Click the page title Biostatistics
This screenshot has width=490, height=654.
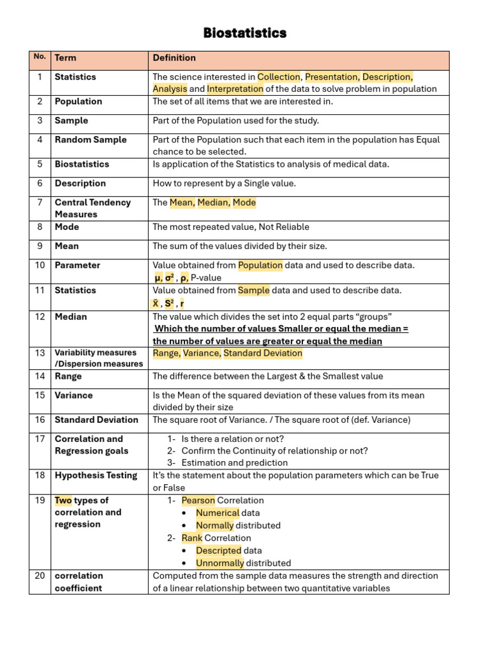coord(245,33)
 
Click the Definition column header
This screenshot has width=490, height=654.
coord(174,58)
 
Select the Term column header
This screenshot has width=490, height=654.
coord(65,58)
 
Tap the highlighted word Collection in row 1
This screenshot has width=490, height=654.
coord(278,77)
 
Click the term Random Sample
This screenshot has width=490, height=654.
coord(91,140)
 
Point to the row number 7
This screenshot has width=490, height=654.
coord(40,202)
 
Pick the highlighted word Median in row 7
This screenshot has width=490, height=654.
coord(213,202)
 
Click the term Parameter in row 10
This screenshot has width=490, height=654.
coord(77,265)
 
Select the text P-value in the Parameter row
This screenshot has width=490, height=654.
coord(206,278)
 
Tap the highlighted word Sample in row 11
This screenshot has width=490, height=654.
coord(253,291)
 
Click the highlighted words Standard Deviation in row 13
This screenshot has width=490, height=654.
coord(262,353)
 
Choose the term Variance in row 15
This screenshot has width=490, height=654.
coord(73,395)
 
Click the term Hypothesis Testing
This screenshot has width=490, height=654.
coord(96,475)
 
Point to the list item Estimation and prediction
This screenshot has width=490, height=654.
coord(234,463)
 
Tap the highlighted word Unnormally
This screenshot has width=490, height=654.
coord(219,563)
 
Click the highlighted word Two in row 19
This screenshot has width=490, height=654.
coord(63,501)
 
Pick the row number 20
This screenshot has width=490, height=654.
coord(40,575)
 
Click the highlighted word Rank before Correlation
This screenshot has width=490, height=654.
coord(191,538)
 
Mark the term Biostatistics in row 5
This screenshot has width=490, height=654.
coord(82,164)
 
